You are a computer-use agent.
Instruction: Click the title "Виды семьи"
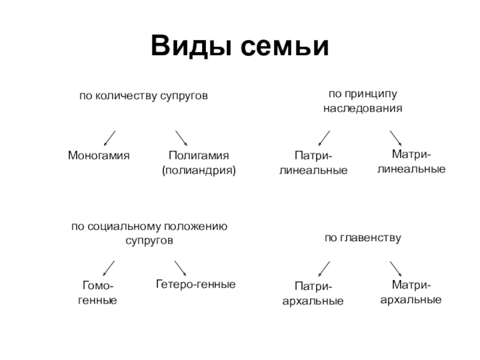pyautogui.click(x=240, y=46)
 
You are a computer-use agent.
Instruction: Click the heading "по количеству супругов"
pyautogui.click(x=143, y=95)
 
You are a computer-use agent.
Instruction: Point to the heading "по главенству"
pyautogui.click(x=362, y=238)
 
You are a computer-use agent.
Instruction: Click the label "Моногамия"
pyautogui.click(x=98, y=155)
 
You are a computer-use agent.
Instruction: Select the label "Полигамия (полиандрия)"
pyautogui.click(x=199, y=163)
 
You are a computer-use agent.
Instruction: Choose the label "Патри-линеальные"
pyautogui.click(x=313, y=163)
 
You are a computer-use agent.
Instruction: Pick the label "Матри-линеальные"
pyautogui.click(x=411, y=162)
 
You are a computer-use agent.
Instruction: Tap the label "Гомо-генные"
pyautogui.click(x=97, y=292)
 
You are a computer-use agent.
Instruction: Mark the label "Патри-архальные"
pyautogui.click(x=313, y=293)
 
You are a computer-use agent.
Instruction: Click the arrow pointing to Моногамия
pyautogui.click(x=110, y=138)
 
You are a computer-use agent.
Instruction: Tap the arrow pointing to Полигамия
pyautogui.click(x=181, y=138)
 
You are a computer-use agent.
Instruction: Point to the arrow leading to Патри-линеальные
pyautogui.click(x=324, y=138)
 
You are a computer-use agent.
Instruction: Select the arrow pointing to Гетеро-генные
pyautogui.click(x=180, y=268)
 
